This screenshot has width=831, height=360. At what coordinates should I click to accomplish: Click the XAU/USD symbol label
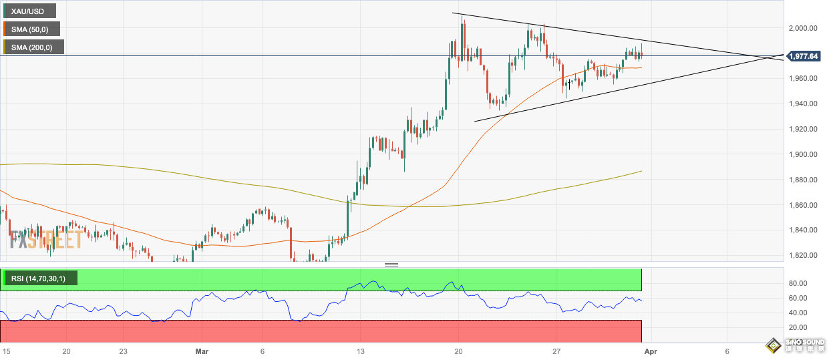coord(29,11)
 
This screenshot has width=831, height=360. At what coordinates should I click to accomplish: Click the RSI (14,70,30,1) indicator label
coord(40,278)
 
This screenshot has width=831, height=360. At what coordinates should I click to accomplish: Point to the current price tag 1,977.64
coord(804,56)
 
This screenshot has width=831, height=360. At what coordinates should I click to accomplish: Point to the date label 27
coord(556,351)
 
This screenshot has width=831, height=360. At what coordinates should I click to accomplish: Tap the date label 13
coord(360,351)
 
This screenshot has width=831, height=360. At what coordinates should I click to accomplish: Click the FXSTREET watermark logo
coord(45,239)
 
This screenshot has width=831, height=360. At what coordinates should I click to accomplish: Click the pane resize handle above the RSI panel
coord(391,265)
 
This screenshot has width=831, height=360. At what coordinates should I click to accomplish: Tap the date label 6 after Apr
coord(727,351)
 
